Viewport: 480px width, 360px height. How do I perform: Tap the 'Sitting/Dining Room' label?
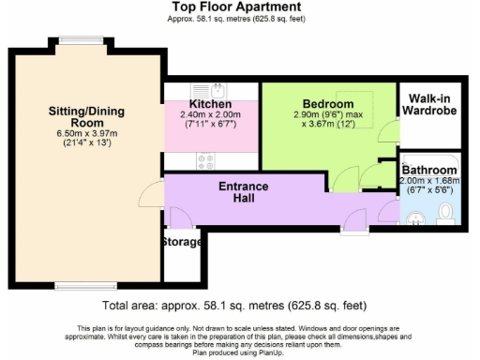[86, 117]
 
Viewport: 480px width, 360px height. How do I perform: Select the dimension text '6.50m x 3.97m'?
[85, 135]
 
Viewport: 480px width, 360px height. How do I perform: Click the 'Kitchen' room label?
[210, 103]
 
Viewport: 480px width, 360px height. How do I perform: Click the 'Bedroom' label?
[327, 103]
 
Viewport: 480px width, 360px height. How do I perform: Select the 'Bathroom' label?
[427, 170]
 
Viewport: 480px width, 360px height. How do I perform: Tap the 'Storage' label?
[181, 242]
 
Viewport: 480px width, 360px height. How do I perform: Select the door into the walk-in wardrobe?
[387, 129]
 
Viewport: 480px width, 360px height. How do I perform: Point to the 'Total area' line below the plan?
[234, 306]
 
